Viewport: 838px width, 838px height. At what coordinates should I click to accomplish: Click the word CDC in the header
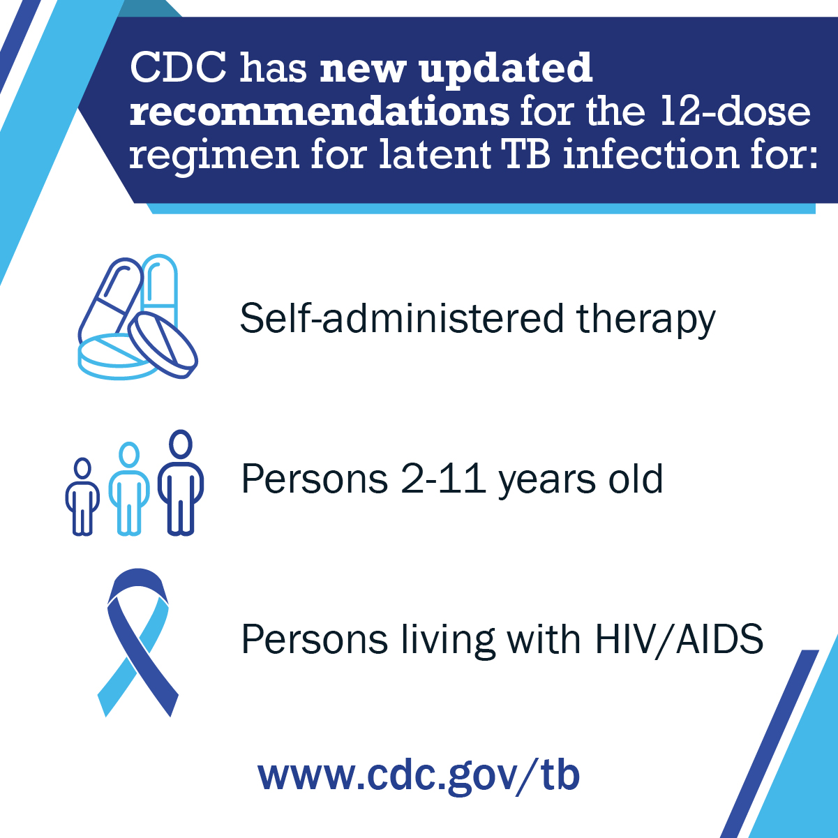pos(179,68)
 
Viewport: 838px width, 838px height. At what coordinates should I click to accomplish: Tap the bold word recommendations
pos(319,112)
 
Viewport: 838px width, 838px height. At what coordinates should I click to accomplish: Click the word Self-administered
pos(401,318)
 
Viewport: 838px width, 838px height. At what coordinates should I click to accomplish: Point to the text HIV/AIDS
pos(679,639)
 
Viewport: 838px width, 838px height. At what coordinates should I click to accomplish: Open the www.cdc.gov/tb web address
pos(419,775)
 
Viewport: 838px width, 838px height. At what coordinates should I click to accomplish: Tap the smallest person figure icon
pos(82,497)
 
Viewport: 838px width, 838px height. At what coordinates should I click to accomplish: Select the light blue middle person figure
pos(129,488)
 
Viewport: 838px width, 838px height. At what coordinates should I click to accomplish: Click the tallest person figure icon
pos(181,483)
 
